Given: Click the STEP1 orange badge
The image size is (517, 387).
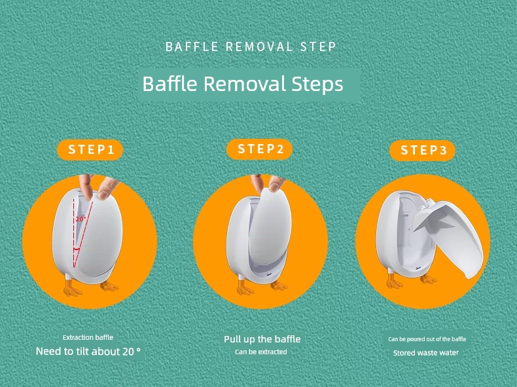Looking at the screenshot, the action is pyautogui.click(x=90, y=150).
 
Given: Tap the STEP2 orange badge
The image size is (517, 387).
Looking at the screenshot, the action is pyautogui.click(x=260, y=149).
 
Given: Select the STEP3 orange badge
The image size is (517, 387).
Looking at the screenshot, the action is pyautogui.click(x=422, y=151).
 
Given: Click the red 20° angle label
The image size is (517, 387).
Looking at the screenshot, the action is pyautogui.click(x=80, y=219).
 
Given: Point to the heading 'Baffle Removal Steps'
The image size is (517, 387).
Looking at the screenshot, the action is pyautogui.click(x=243, y=84).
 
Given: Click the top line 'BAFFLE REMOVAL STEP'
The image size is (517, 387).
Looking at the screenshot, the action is pyautogui.click(x=251, y=46).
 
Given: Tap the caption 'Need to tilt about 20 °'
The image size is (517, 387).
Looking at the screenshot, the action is pyautogui.click(x=88, y=352).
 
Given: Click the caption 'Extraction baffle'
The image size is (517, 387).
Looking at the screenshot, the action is pyautogui.click(x=88, y=337).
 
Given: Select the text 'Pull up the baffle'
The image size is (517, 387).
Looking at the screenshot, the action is pyautogui.click(x=262, y=339).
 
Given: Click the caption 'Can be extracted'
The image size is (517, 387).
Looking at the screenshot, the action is pyautogui.click(x=261, y=352).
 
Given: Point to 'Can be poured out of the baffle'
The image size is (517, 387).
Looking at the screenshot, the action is pyautogui.click(x=427, y=339).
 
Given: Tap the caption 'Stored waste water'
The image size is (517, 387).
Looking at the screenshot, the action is pyautogui.click(x=425, y=353).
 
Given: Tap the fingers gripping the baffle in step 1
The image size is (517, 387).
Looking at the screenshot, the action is pyautogui.click(x=98, y=187).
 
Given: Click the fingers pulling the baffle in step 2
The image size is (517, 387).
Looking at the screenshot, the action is pyautogui.click(x=267, y=183).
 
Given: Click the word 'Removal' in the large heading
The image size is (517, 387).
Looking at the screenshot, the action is pyautogui.click(x=244, y=84).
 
